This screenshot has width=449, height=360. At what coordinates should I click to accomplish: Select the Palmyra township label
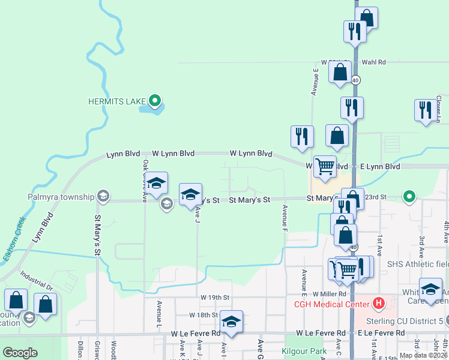[61, 196]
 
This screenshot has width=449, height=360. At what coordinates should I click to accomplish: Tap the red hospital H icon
[378, 304]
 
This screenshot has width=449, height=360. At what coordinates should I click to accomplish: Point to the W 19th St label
[213, 297]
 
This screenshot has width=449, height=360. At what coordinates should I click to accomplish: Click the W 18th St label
[203, 314]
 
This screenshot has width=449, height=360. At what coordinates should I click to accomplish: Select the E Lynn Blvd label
[380, 166]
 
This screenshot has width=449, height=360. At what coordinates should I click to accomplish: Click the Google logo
[20, 353]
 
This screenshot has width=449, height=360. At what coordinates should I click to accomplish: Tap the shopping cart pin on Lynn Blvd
[325, 166]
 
